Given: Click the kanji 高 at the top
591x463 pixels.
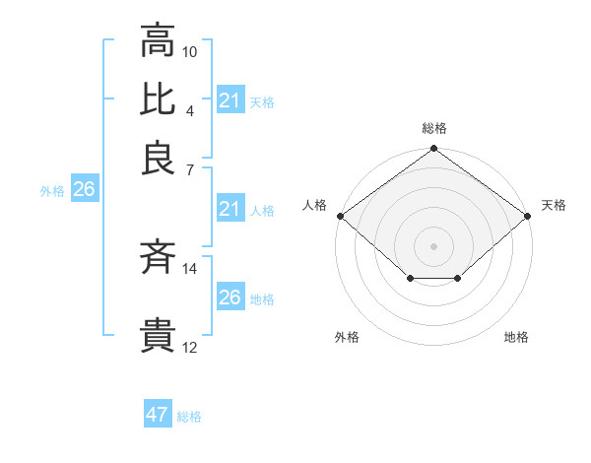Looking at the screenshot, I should [x=158, y=41].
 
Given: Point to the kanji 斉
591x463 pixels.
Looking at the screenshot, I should [x=158, y=258].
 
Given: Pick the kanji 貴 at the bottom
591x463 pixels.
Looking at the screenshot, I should [x=158, y=336].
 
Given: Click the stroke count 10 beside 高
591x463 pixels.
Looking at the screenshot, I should [x=190, y=50].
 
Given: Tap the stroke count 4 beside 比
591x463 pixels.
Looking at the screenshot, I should [x=189, y=109].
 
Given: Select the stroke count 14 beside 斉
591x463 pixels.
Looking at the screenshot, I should [x=190, y=268].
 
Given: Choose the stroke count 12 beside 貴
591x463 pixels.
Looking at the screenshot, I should [x=190, y=347].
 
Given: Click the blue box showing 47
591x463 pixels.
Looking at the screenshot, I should [x=158, y=415].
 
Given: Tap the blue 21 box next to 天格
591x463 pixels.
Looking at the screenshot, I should [x=230, y=100].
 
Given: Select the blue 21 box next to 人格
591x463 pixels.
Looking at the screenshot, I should [x=230, y=209].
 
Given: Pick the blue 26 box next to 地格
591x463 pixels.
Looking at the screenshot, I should [x=230, y=298].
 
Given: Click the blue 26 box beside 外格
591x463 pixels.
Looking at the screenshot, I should [x=84, y=190].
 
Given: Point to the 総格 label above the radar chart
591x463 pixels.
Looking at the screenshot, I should [x=433, y=129].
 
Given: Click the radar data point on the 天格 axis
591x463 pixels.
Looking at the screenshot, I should [x=528, y=216].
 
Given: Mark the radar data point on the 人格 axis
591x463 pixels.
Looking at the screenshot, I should [x=340, y=216].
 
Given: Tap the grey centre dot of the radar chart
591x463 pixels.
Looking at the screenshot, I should [x=433, y=245].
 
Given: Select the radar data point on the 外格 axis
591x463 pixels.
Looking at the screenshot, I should [x=410, y=279].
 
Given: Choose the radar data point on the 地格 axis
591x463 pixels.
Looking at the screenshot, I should [x=458, y=279].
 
